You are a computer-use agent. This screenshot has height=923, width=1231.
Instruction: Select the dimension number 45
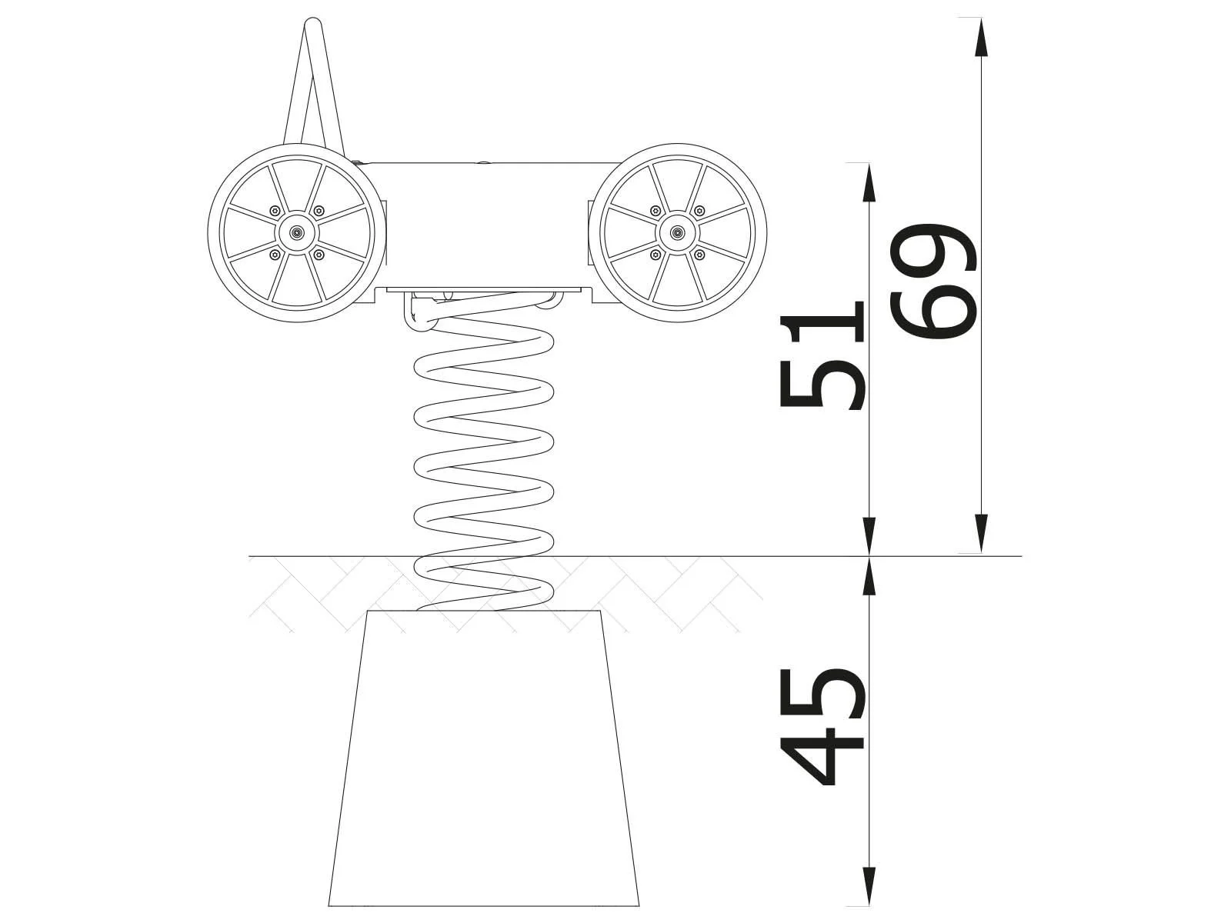point(822,726)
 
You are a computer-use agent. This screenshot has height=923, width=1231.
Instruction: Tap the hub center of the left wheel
point(296,232)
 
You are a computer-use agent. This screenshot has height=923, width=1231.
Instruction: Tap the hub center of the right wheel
point(677,232)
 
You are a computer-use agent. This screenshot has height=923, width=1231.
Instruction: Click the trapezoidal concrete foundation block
point(485,761)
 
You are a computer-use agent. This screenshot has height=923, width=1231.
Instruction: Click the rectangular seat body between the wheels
point(485,223)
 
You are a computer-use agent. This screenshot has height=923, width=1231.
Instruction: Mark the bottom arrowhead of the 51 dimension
point(869,536)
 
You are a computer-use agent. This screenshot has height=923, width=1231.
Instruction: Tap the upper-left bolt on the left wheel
point(275,211)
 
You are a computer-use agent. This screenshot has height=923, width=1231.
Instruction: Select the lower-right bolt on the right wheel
point(699,253)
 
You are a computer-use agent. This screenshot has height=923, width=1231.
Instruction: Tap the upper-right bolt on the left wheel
point(319,211)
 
